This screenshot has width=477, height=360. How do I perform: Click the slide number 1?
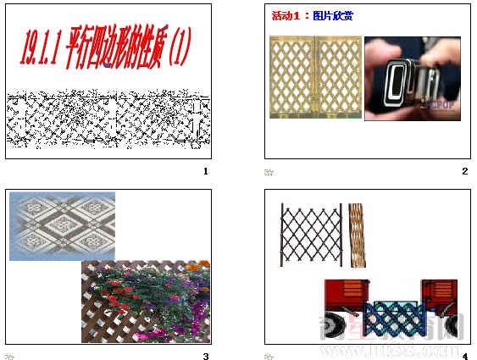[x=205, y=171]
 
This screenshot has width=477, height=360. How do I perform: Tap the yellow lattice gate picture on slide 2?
[x=314, y=77]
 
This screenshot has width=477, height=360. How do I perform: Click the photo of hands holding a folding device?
[x=412, y=78]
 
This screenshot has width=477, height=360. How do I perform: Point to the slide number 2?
[x=465, y=171]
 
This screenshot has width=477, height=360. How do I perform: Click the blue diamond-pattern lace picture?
[x=62, y=225]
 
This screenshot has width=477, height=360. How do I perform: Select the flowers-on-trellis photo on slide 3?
[x=146, y=302]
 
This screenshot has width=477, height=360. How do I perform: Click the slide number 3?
[x=205, y=356]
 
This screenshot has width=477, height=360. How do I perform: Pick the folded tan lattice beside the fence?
[x=357, y=235]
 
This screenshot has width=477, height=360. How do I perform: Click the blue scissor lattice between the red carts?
[x=394, y=318]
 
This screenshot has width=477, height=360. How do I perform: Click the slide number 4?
[x=465, y=356]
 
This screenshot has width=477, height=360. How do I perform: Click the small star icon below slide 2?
[x=269, y=172]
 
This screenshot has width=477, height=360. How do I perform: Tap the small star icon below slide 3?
[x=9, y=357]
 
